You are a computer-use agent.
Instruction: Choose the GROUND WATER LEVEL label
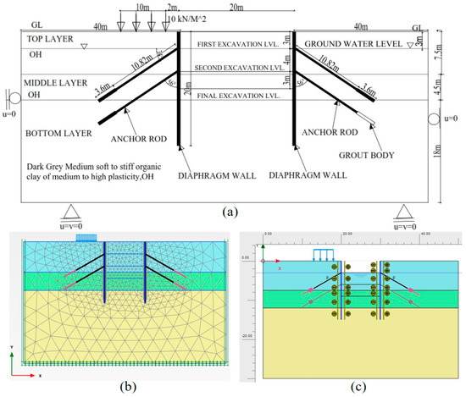351,43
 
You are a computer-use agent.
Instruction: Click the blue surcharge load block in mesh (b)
86,240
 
